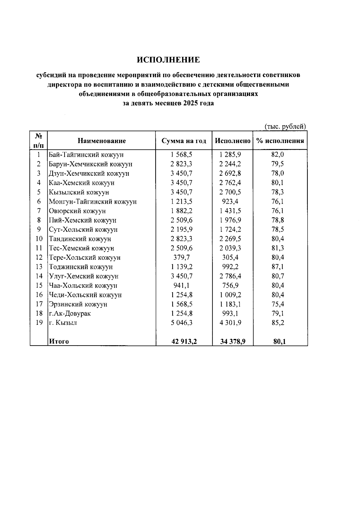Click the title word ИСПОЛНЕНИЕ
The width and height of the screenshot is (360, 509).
(x=168, y=60)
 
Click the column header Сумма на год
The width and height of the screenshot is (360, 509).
(x=184, y=141)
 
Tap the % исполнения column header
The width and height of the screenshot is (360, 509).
(x=280, y=141)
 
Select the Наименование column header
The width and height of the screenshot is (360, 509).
(x=102, y=141)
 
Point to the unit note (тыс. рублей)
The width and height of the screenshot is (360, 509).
(x=285, y=127)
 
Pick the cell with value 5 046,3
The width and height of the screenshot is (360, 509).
(x=181, y=323)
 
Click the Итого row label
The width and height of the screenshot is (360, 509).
(x=59, y=341)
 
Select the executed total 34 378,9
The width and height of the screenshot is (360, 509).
(x=232, y=341)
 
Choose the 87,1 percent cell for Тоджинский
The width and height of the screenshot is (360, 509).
(x=277, y=267)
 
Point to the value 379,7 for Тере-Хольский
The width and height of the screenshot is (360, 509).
(x=181, y=257)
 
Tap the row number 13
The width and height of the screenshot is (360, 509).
(x=39, y=267)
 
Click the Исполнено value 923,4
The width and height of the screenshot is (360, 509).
(x=230, y=202)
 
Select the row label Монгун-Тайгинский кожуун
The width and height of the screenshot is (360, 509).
(x=93, y=202)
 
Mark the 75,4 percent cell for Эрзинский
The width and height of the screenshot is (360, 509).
(x=277, y=304)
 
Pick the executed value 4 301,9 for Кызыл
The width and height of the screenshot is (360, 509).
(x=230, y=323)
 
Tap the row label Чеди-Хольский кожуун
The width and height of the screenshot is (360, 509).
(x=85, y=295)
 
